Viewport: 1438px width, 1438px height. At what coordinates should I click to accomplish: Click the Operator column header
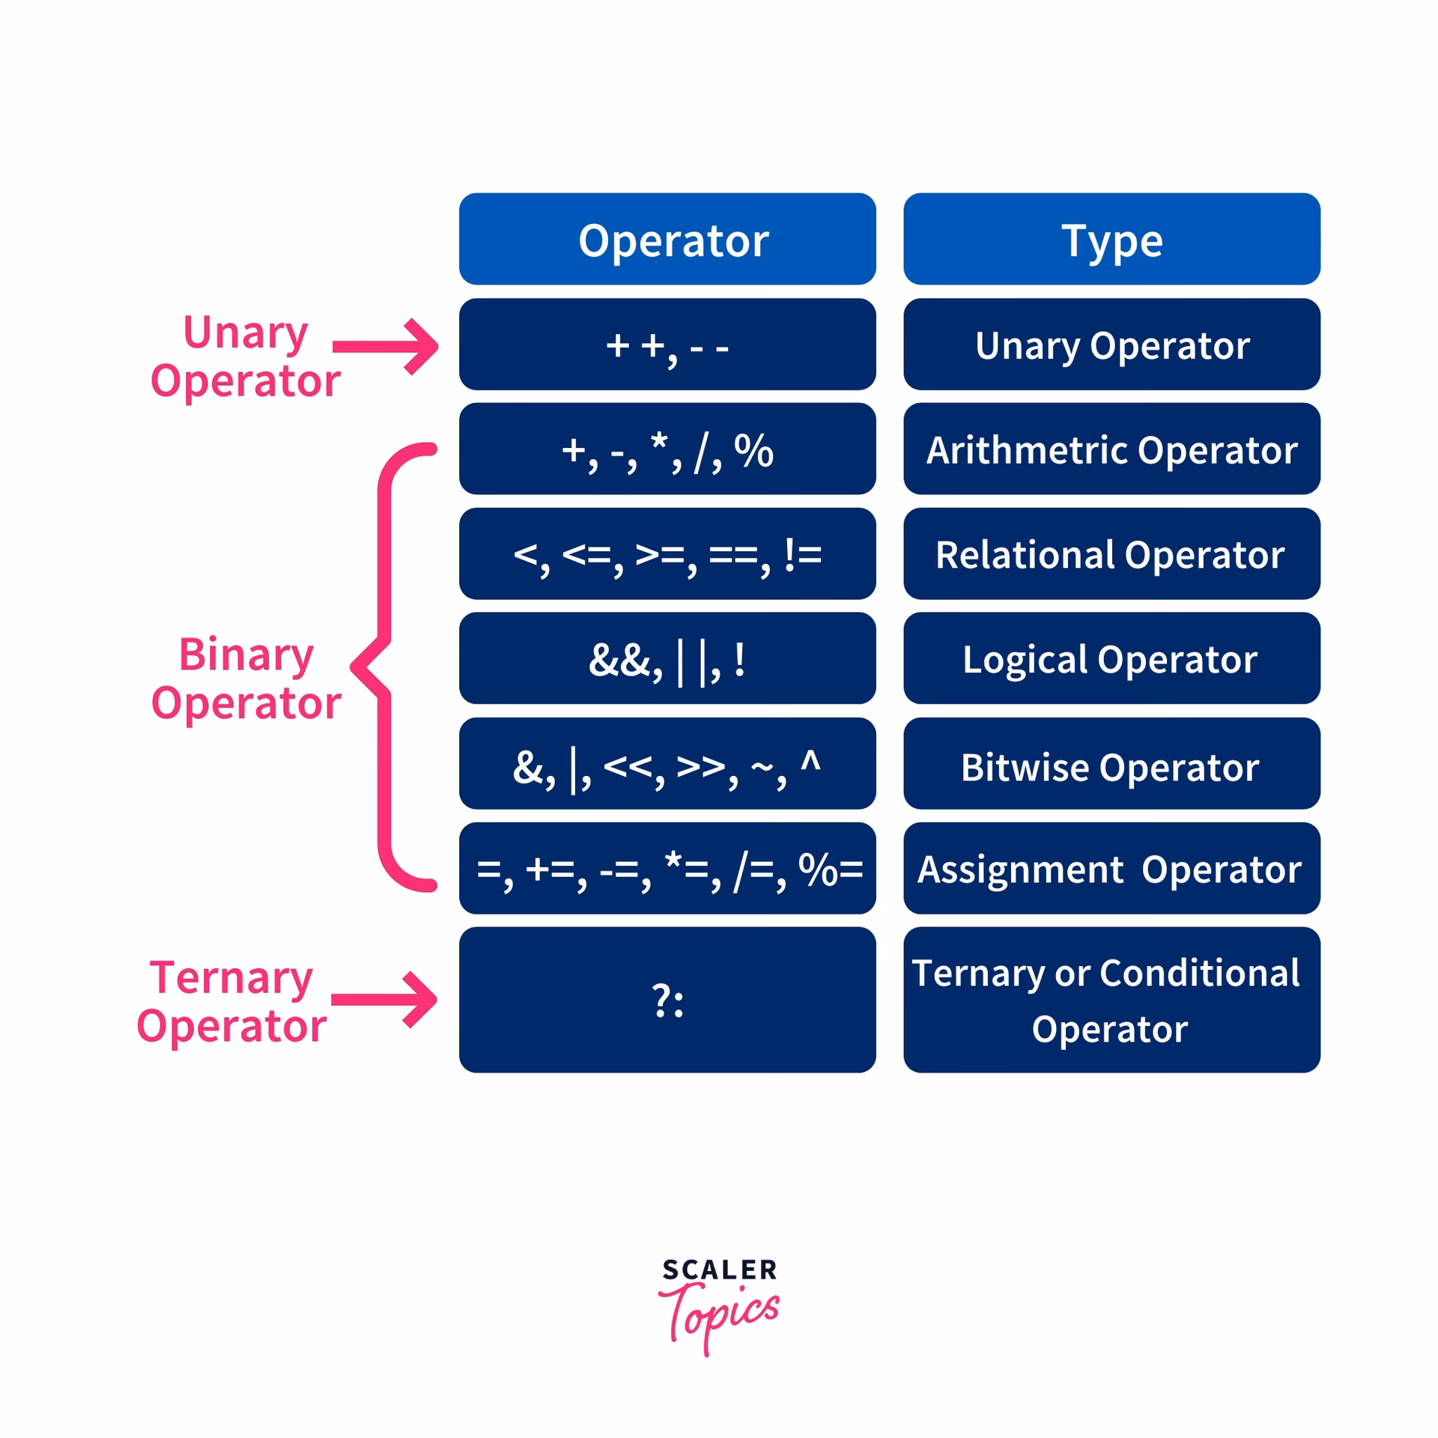tap(667, 240)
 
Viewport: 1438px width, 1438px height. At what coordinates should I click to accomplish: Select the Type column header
tap(1111, 240)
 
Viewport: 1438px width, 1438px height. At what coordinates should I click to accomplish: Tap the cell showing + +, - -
tap(667, 345)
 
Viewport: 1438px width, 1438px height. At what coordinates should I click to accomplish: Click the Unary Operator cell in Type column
tap(1111, 345)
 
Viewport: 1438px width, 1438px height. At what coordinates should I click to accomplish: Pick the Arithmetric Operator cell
tap(1111, 449)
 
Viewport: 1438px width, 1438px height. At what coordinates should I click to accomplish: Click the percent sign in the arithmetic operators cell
tap(753, 450)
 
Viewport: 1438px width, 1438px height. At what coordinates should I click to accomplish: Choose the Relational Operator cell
tap(1111, 554)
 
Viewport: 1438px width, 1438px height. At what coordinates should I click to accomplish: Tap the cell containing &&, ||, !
tap(667, 659)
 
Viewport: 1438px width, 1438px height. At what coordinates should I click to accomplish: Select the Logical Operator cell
tap(1111, 659)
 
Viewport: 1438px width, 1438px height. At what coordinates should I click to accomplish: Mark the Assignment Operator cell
tap(1111, 869)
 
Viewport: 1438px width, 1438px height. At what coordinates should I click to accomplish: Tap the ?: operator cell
tap(667, 1000)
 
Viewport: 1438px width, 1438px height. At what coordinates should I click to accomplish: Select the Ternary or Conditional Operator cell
tap(1111, 1000)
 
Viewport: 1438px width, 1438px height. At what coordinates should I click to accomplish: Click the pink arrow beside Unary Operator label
tap(386, 346)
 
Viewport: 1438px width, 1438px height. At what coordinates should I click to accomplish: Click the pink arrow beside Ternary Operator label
tap(385, 999)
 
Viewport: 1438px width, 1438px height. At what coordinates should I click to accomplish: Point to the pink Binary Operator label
tap(246, 679)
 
